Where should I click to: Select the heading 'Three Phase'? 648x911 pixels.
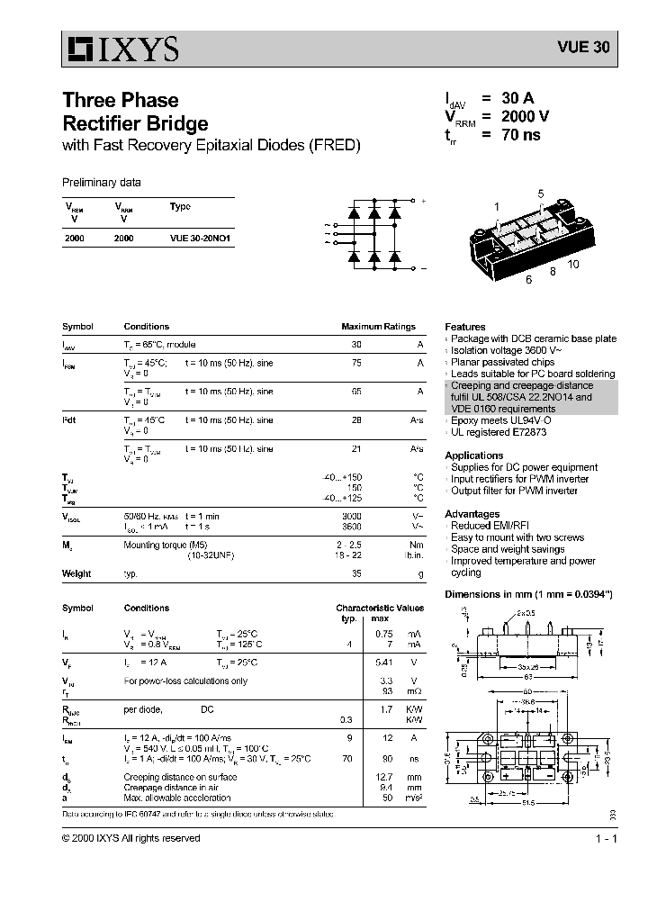120,100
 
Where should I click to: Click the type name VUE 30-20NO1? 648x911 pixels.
199,239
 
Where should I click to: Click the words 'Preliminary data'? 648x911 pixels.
101,183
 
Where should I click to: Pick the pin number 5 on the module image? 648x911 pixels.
541,194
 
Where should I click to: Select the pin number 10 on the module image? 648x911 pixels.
573,264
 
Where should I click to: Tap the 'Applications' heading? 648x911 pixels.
473,455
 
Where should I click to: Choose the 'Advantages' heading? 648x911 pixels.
472,514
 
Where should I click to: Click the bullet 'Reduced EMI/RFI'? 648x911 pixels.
490,526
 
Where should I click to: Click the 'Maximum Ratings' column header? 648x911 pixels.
378,327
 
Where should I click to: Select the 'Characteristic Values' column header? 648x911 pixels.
380,608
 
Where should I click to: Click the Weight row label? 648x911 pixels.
76,573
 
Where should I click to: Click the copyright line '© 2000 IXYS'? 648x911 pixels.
130,838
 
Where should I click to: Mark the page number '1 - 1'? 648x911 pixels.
605,838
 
